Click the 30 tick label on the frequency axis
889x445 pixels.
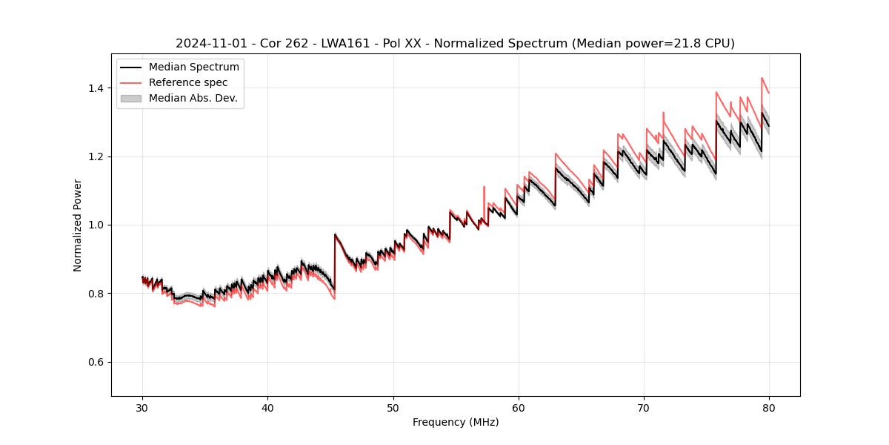click(x=142, y=407)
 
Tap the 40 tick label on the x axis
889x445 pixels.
click(x=267, y=407)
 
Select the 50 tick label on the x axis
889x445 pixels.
click(x=393, y=407)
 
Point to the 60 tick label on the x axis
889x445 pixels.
click(x=518, y=407)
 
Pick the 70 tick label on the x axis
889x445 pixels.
click(x=643, y=407)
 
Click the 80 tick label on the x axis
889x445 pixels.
click(x=768, y=407)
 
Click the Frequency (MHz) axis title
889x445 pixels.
click(x=456, y=422)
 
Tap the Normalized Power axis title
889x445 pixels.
click(x=78, y=225)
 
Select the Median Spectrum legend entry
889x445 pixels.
click(x=193, y=67)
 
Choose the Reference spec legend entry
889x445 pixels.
click(x=188, y=82)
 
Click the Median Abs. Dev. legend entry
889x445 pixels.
click(x=193, y=98)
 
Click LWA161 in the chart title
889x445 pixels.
click(x=345, y=44)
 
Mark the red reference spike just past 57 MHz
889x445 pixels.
click(x=484, y=188)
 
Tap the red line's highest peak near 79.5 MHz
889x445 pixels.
click(x=762, y=78)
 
